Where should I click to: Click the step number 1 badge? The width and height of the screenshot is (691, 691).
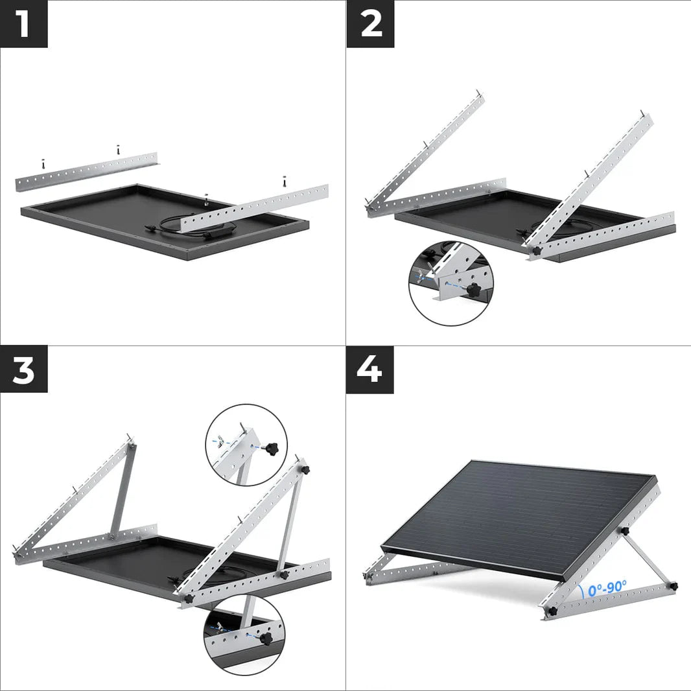23,23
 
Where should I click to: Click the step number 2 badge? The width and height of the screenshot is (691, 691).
370,23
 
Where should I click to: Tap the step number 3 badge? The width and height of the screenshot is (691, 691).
23,369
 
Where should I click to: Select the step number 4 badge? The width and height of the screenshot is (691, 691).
370,369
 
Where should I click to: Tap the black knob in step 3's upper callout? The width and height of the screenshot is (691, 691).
270,447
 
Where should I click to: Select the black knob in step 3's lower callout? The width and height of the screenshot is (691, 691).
264,638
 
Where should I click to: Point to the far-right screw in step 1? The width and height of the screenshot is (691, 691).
284,181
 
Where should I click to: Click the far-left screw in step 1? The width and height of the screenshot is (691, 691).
43,163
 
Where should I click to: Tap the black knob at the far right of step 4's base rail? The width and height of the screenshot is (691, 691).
673,586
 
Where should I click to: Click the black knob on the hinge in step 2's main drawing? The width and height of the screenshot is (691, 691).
536,250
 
